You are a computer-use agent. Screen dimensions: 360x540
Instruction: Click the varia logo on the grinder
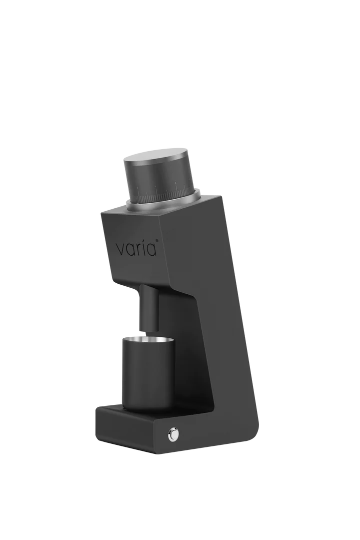[x=137, y=248]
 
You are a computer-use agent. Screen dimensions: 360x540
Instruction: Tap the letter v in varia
[x=120, y=249]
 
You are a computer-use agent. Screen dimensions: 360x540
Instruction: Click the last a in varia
[x=151, y=250]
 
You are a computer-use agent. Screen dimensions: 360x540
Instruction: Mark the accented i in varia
[x=144, y=248]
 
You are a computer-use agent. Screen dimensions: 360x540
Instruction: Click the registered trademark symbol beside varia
[x=157, y=241]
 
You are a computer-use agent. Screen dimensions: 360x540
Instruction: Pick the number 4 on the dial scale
[x=155, y=187]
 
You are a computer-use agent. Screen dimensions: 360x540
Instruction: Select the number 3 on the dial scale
[x=175, y=183]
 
